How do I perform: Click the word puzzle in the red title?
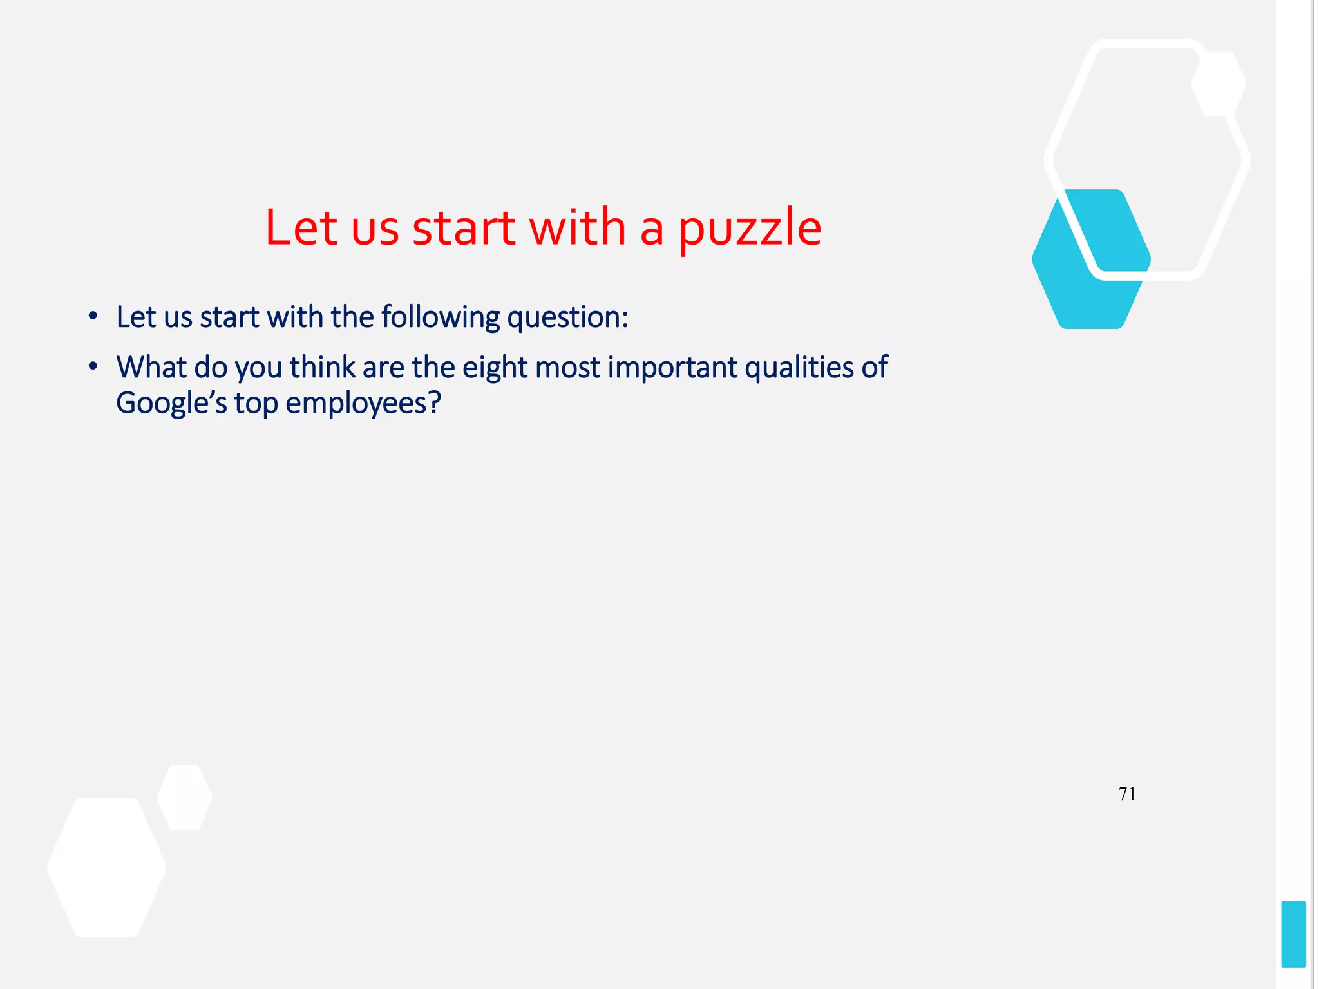click(750, 229)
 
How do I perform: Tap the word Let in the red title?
click(301, 228)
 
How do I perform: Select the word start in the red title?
click(464, 228)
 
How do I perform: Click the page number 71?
click(1127, 795)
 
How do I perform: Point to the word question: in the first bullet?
click(567, 317)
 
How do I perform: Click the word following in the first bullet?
click(440, 317)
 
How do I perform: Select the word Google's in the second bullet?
click(171, 404)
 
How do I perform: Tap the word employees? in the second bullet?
click(363, 404)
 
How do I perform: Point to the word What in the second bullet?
click(151, 368)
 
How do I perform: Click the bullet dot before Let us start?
click(93, 316)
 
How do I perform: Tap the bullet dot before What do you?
click(93, 366)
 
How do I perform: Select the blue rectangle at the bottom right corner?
click(1293, 934)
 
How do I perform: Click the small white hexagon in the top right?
click(1219, 84)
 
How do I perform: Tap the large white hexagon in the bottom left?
click(106, 867)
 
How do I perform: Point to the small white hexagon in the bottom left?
click(185, 797)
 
